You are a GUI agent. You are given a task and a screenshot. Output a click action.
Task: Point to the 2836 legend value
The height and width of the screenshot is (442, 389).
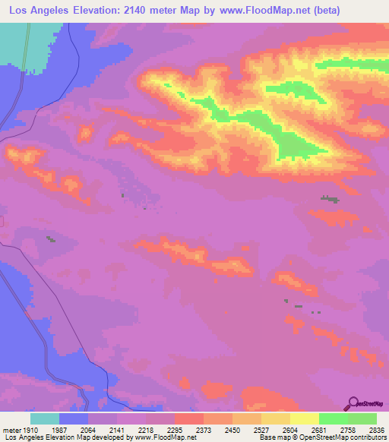pyautogui.click(x=366, y=430)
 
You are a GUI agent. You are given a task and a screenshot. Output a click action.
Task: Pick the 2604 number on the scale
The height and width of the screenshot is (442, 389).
pyautogui.click(x=292, y=430)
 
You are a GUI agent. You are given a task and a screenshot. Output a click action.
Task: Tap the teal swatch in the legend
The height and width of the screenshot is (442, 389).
pyautogui.click(x=45, y=418)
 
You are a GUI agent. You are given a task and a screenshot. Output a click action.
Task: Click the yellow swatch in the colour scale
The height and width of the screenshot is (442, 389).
pyautogui.click(x=305, y=418)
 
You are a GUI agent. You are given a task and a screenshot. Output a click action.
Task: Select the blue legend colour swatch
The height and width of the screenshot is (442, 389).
pyautogui.click(x=74, y=418)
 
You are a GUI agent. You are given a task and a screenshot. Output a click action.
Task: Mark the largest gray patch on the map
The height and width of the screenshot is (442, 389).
pyautogui.click(x=329, y=199)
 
